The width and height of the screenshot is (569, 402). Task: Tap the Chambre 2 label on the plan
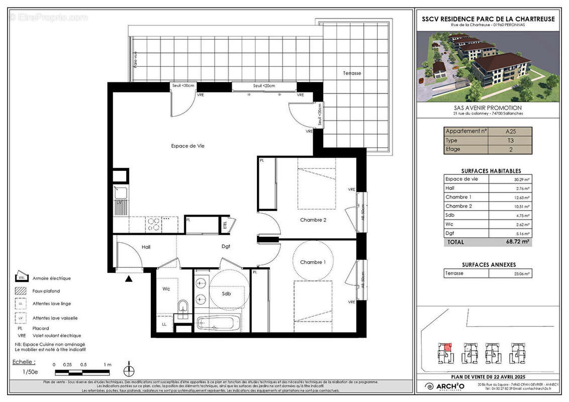[x=314, y=220]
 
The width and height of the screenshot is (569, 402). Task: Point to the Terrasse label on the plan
[x=352, y=73]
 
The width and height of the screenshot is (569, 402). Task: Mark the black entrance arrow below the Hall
[x=129, y=278]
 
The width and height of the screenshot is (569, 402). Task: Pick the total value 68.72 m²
[x=518, y=242]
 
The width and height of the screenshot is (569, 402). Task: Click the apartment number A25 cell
[x=510, y=131]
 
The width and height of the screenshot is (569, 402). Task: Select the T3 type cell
[x=510, y=140]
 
